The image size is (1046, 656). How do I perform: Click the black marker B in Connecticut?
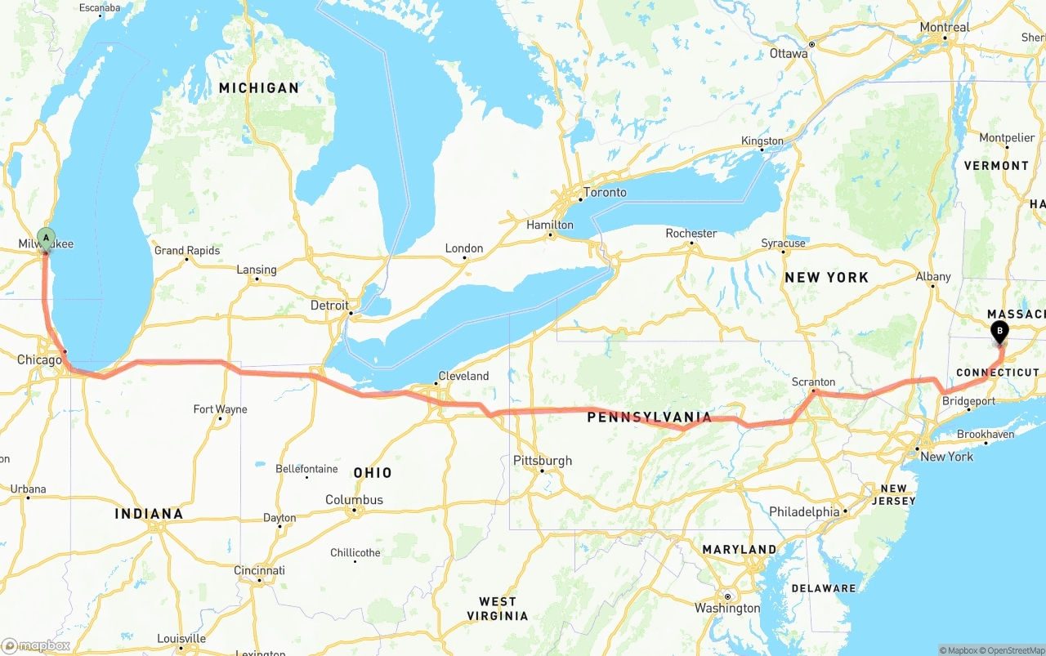[999, 332]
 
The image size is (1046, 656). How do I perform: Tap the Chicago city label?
[39, 360]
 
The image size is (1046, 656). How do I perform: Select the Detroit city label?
[329, 306]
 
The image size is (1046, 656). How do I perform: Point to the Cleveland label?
[463, 377]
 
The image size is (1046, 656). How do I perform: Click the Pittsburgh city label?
[543, 461]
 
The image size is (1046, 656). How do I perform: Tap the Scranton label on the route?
[813, 382]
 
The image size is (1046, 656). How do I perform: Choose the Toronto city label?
[604, 193]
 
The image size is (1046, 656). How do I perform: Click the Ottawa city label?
[789, 54]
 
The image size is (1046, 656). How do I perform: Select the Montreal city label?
[944, 27]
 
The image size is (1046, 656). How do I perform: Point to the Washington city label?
[727, 609]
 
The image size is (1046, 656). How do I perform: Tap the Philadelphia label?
[804, 512]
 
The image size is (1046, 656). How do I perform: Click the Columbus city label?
[354, 500]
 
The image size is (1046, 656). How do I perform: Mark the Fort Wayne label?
[220, 409]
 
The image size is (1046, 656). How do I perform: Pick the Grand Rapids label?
[187, 251]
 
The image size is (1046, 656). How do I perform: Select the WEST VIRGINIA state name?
[497, 609]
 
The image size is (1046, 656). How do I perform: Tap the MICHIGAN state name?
[258, 88]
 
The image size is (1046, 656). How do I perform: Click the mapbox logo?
[36, 646]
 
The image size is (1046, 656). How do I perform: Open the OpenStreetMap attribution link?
[1014, 650]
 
